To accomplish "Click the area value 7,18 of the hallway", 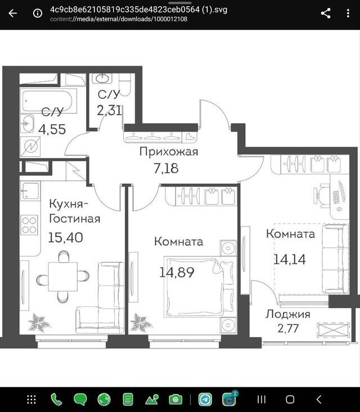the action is click(166, 169).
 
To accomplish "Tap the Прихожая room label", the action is click(169, 152).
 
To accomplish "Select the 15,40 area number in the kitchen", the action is click(65, 237).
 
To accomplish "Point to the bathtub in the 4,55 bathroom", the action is click(47, 101).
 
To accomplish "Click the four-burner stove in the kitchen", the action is click(29, 225).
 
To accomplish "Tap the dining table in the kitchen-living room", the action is click(63, 277).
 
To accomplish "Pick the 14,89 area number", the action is click(177, 272).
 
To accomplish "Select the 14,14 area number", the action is click(290, 260).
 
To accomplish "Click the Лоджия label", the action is click(287, 314).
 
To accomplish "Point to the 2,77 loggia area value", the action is click(288, 328).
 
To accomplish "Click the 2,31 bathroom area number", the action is click(109, 110).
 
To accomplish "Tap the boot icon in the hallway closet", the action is click(190, 137).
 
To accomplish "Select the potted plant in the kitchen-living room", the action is click(39, 322).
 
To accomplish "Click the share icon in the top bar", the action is click(326, 13).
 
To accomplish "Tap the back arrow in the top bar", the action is click(12, 13).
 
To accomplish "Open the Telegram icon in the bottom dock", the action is click(205, 400).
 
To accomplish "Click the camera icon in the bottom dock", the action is click(175, 400).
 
